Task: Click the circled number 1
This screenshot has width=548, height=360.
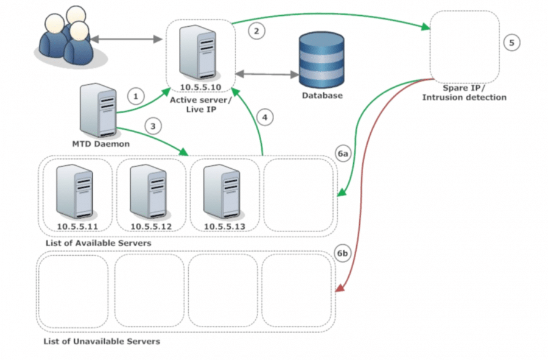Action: pyautogui.click(x=136, y=96)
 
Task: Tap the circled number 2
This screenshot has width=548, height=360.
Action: pyautogui.click(x=257, y=30)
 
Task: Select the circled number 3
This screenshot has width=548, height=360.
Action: pyautogui.click(x=154, y=126)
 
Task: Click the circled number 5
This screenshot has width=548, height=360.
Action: pyautogui.click(x=511, y=43)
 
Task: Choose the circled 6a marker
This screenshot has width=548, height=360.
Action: pyautogui.click(x=343, y=155)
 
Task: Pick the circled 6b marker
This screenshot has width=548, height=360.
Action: pyautogui.click(x=343, y=254)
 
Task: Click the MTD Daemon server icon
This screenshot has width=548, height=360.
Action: pyautogui.click(x=99, y=111)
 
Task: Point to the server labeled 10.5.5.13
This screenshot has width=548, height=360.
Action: pyautogui.click(x=221, y=191)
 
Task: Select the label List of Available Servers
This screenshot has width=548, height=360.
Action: pyautogui.click(x=98, y=243)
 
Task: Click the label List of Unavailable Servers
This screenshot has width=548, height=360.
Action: pyautogui.click(x=102, y=341)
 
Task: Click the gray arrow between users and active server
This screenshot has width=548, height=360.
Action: pyautogui.click(x=126, y=40)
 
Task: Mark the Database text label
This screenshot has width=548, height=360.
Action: pyautogui.click(x=322, y=96)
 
